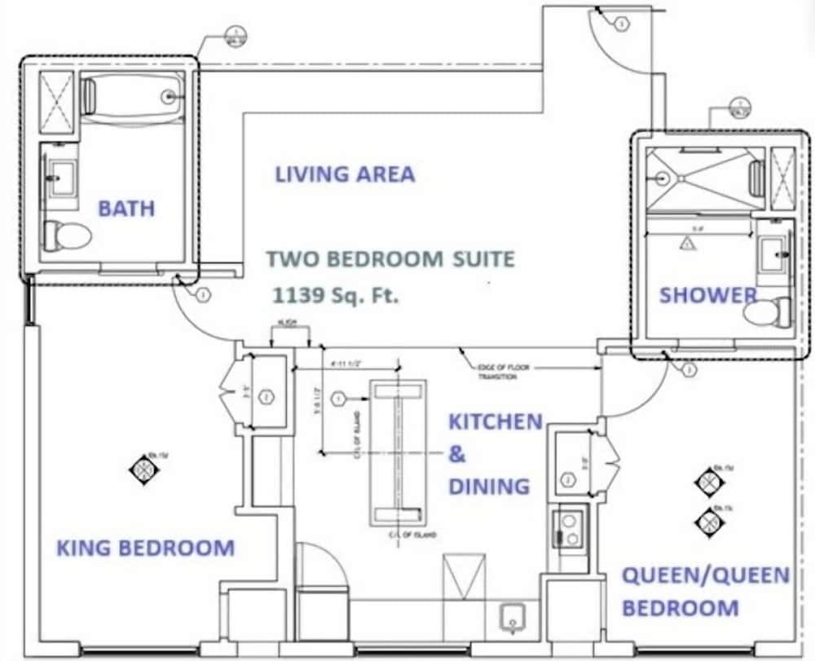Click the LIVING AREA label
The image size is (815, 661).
click(345, 174)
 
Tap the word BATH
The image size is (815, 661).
click(126, 208)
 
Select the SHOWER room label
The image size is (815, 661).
click(707, 295)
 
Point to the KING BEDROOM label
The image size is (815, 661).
click(145, 548)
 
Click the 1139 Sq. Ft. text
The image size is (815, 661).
click(337, 295)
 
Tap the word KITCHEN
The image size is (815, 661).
click(496, 421)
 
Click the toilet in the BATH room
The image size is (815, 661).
click(67, 236)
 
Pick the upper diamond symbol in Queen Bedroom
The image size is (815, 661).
click(708, 481)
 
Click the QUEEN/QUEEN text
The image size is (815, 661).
click(706, 575)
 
